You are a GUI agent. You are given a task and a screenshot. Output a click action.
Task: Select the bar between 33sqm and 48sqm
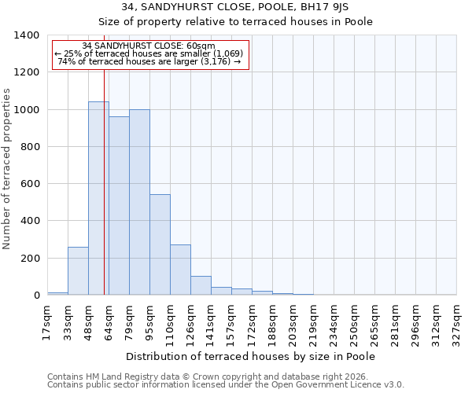(x=78, y=271)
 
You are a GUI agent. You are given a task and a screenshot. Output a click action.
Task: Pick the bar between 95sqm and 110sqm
(x=160, y=244)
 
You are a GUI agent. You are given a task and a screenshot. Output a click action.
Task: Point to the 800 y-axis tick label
(x=30, y=147)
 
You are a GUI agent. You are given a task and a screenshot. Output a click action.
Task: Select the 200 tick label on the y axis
(x=30, y=259)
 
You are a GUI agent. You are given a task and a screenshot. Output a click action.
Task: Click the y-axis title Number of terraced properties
(x=8, y=169)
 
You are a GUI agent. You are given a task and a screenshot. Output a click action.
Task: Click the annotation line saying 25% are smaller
(x=149, y=53)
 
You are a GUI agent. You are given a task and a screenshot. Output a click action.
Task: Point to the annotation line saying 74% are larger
(x=149, y=61)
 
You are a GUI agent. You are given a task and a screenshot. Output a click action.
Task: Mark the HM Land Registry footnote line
(x=212, y=376)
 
